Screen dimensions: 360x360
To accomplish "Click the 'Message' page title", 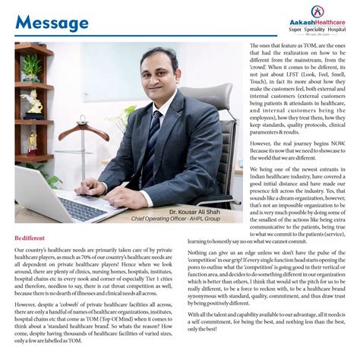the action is [51, 23].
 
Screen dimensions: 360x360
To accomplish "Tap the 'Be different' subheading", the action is [30, 238].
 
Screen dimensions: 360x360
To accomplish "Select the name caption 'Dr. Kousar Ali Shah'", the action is [196, 210].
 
